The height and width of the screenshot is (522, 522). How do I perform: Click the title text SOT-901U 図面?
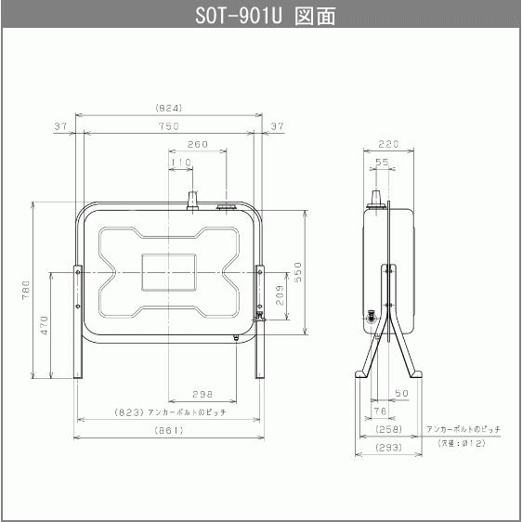click(x=260, y=16)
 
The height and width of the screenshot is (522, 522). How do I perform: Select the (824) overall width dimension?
click(x=169, y=108)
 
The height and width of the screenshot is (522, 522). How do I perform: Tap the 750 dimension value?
click(x=169, y=125)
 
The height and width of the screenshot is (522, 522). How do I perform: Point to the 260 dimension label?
click(x=197, y=145)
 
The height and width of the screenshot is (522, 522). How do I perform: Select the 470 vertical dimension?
click(x=44, y=325)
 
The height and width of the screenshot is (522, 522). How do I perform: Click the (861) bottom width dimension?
click(x=169, y=430)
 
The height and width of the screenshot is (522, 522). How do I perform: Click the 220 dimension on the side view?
click(x=388, y=145)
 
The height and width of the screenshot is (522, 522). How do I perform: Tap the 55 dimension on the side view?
click(x=381, y=162)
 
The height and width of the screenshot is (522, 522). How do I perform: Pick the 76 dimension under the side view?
click(x=379, y=411)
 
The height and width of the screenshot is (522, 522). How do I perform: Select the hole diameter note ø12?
click(x=462, y=444)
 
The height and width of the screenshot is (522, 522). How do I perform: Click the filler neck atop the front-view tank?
click(x=193, y=201)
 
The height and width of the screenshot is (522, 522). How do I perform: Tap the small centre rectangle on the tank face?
click(x=169, y=268)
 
